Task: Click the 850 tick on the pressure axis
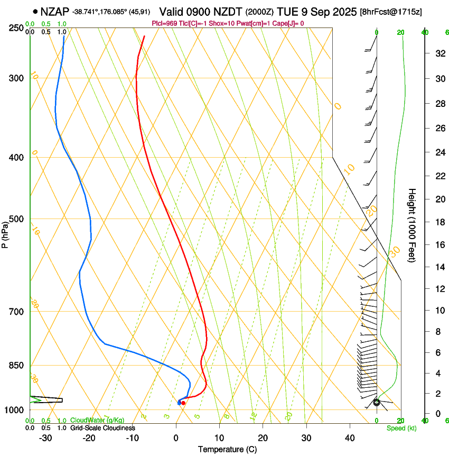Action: pos(17,365)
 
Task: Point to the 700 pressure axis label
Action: pos(17,311)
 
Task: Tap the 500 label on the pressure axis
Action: pos(17,219)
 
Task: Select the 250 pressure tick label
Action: pos(17,28)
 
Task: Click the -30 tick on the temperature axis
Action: pos(45,438)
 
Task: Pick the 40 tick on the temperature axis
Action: pos(349,438)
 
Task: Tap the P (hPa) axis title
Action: pos(5,233)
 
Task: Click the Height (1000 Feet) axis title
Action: pos(413,225)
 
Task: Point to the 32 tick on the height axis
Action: pos(439,53)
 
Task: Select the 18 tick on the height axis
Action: pos(439,222)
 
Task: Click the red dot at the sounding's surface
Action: pos(183,403)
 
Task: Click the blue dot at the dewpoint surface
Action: pos(179,403)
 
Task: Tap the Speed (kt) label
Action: pos(401,428)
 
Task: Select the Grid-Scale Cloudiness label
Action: pos(102,428)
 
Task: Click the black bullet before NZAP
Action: pos(35,11)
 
